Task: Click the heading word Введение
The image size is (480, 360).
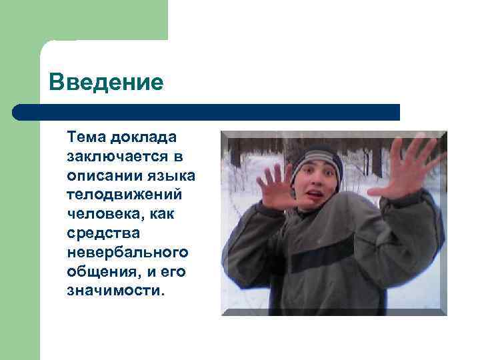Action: tap(106, 83)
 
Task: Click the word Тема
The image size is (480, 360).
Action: tap(85, 137)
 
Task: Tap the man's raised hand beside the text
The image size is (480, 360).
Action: tap(277, 187)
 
